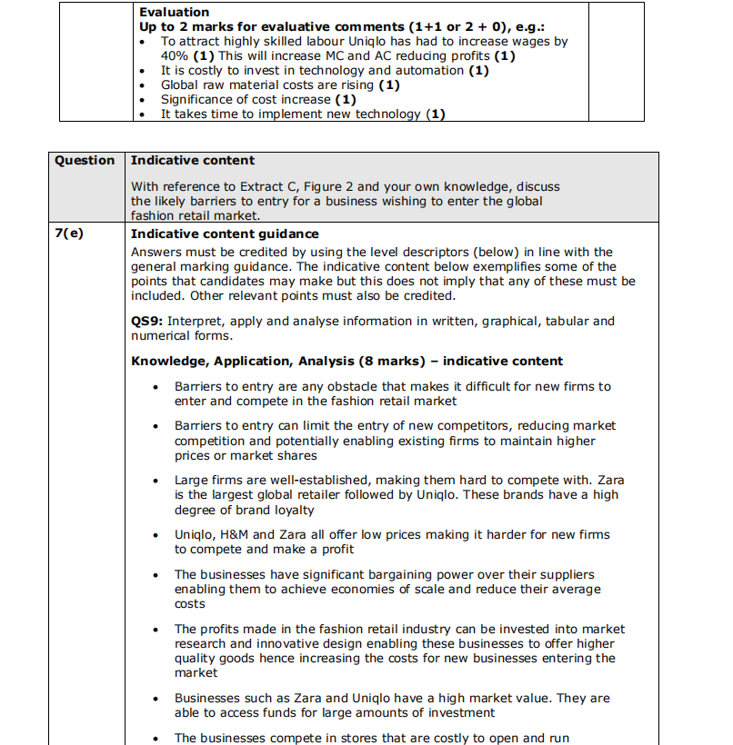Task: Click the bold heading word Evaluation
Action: coord(174,12)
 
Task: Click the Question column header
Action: coord(85,161)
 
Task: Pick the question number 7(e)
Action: coord(68,234)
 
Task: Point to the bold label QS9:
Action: coord(147,321)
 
